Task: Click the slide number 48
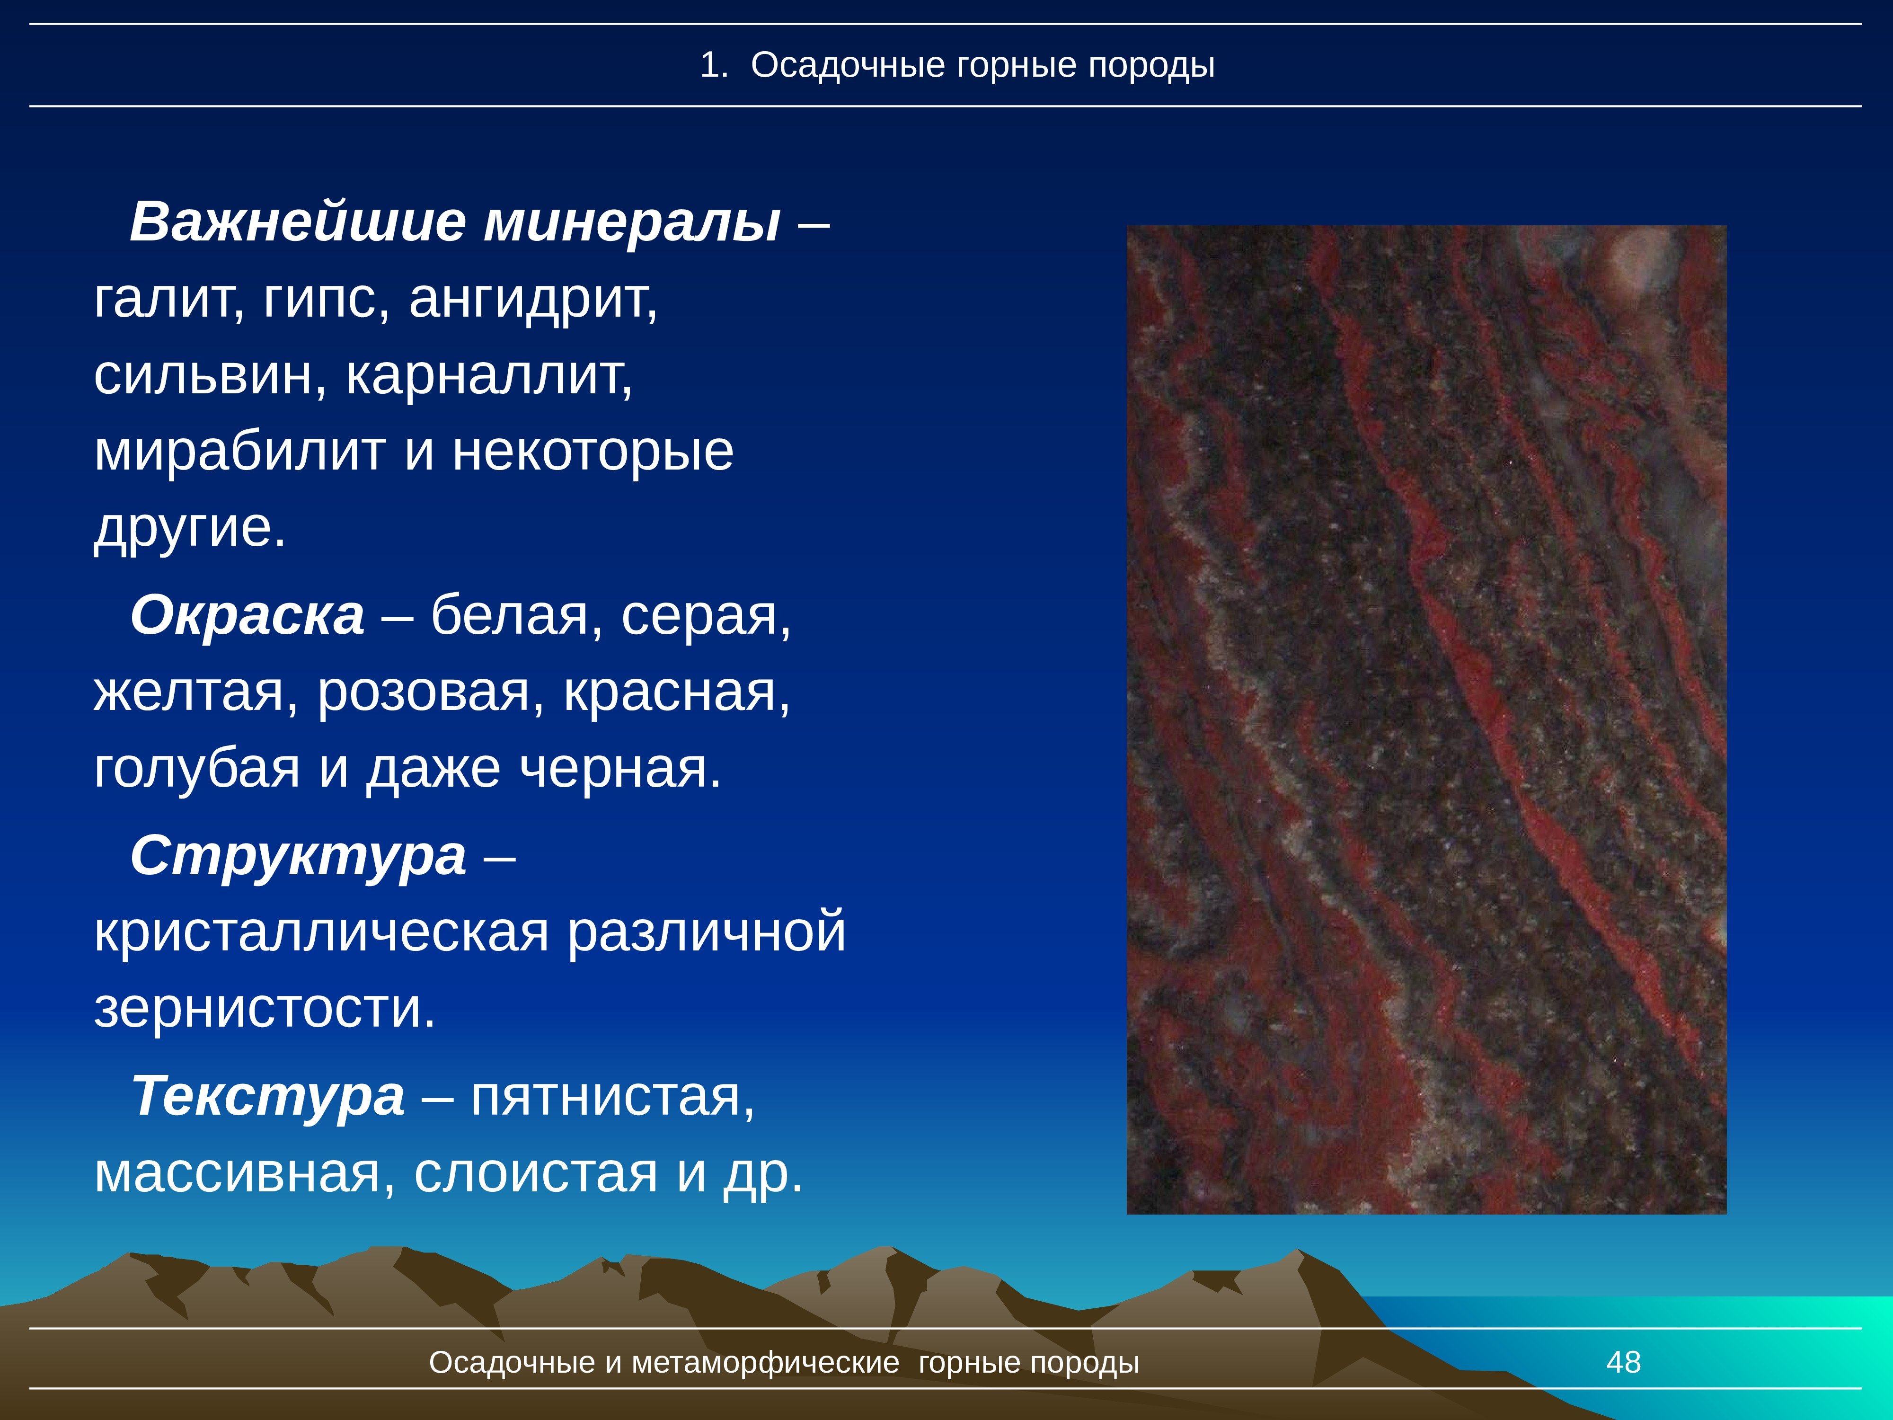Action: point(1623,1362)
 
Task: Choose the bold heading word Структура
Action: point(298,855)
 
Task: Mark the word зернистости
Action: point(257,1008)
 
